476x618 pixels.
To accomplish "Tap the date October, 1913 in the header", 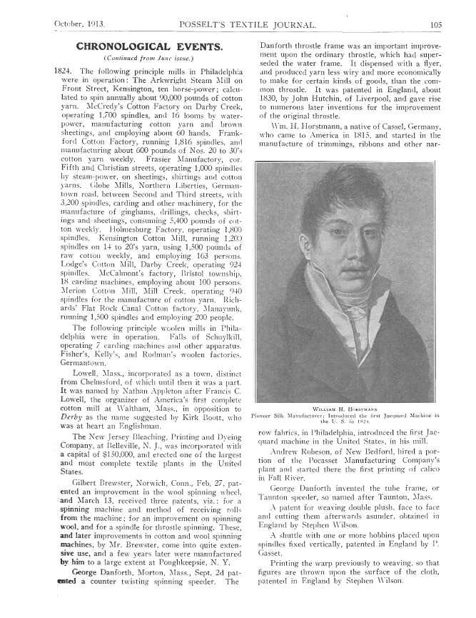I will point(79,25).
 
